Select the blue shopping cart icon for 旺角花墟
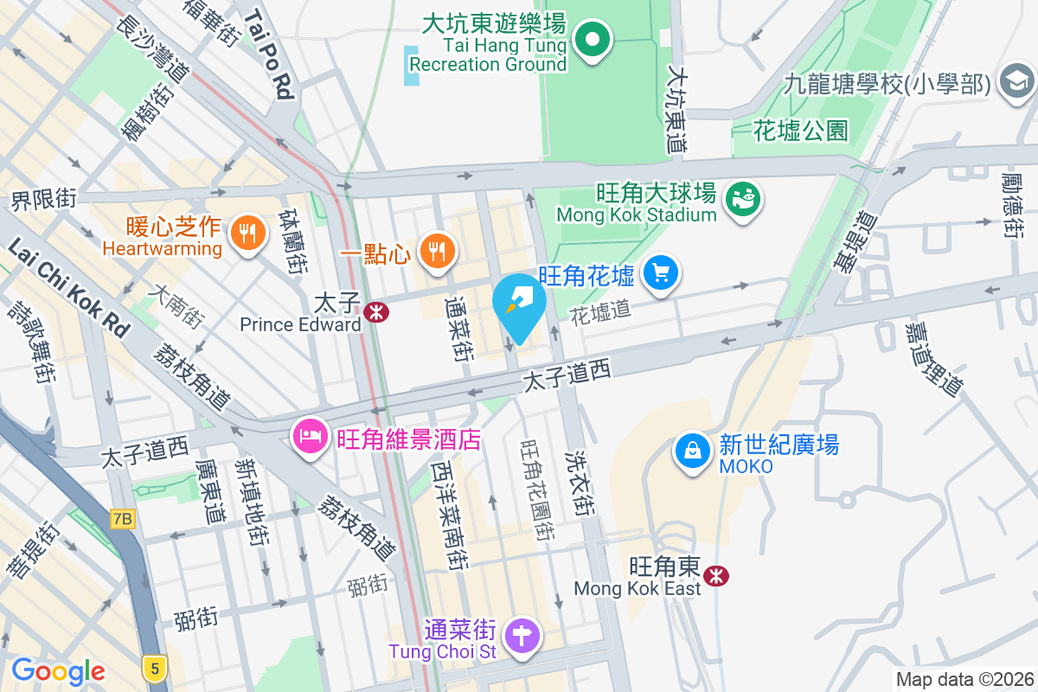(x=662, y=274)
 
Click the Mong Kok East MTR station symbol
(x=716, y=575)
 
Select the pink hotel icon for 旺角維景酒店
(x=309, y=436)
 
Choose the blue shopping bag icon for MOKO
(x=693, y=452)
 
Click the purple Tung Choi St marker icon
(x=523, y=636)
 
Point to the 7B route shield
(x=124, y=519)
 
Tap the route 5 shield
(x=155, y=667)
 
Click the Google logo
(x=58, y=670)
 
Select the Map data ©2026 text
(x=964, y=680)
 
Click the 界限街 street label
(x=43, y=200)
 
